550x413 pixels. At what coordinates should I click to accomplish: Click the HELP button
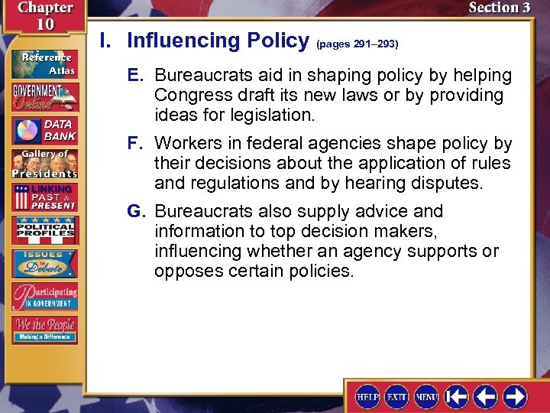click(368, 395)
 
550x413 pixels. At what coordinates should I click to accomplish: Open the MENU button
click(426, 395)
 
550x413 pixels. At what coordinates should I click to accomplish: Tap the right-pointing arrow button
click(514, 395)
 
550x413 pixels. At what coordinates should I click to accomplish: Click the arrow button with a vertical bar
click(457, 395)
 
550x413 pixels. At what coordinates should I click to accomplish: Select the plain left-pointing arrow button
click(485, 395)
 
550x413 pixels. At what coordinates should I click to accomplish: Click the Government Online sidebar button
click(44, 96)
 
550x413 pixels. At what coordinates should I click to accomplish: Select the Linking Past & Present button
click(44, 197)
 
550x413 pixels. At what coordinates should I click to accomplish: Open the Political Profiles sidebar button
click(44, 230)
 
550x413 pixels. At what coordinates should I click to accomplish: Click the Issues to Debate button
click(44, 262)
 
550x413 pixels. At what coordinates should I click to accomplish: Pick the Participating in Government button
click(44, 296)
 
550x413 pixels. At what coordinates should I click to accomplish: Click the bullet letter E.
click(135, 76)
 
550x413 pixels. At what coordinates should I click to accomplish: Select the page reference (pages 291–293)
click(357, 44)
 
